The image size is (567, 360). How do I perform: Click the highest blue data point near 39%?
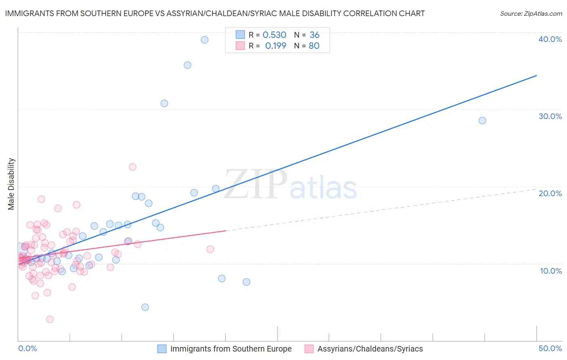tap(204, 40)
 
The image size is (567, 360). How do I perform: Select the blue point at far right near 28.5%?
tap(482, 120)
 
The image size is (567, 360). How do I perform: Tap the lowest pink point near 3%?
tap(50, 319)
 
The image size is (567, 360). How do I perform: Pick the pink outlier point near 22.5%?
tap(132, 167)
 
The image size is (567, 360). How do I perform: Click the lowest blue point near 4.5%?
tap(145, 307)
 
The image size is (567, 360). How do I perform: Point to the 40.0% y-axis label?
tap(550, 39)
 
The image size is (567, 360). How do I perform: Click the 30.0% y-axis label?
tap(550, 116)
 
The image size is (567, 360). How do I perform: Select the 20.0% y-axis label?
tap(550, 193)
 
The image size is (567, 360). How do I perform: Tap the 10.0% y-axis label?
tap(550, 271)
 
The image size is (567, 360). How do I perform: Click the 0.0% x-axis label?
tap(27, 348)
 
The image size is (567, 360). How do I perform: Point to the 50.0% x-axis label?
tap(550, 348)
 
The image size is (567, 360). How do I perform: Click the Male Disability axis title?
tap(11, 184)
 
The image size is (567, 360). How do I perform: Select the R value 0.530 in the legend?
tap(274, 35)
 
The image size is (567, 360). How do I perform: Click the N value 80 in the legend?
tap(314, 46)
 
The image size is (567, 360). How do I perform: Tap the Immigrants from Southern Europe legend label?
tap(231, 349)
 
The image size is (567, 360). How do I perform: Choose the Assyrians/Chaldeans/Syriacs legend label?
tap(370, 349)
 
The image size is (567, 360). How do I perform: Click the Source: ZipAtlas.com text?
tap(531, 13)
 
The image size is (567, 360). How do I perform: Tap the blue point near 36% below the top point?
tap(187, 65)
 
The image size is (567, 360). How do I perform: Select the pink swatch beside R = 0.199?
tap(240, 46)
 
